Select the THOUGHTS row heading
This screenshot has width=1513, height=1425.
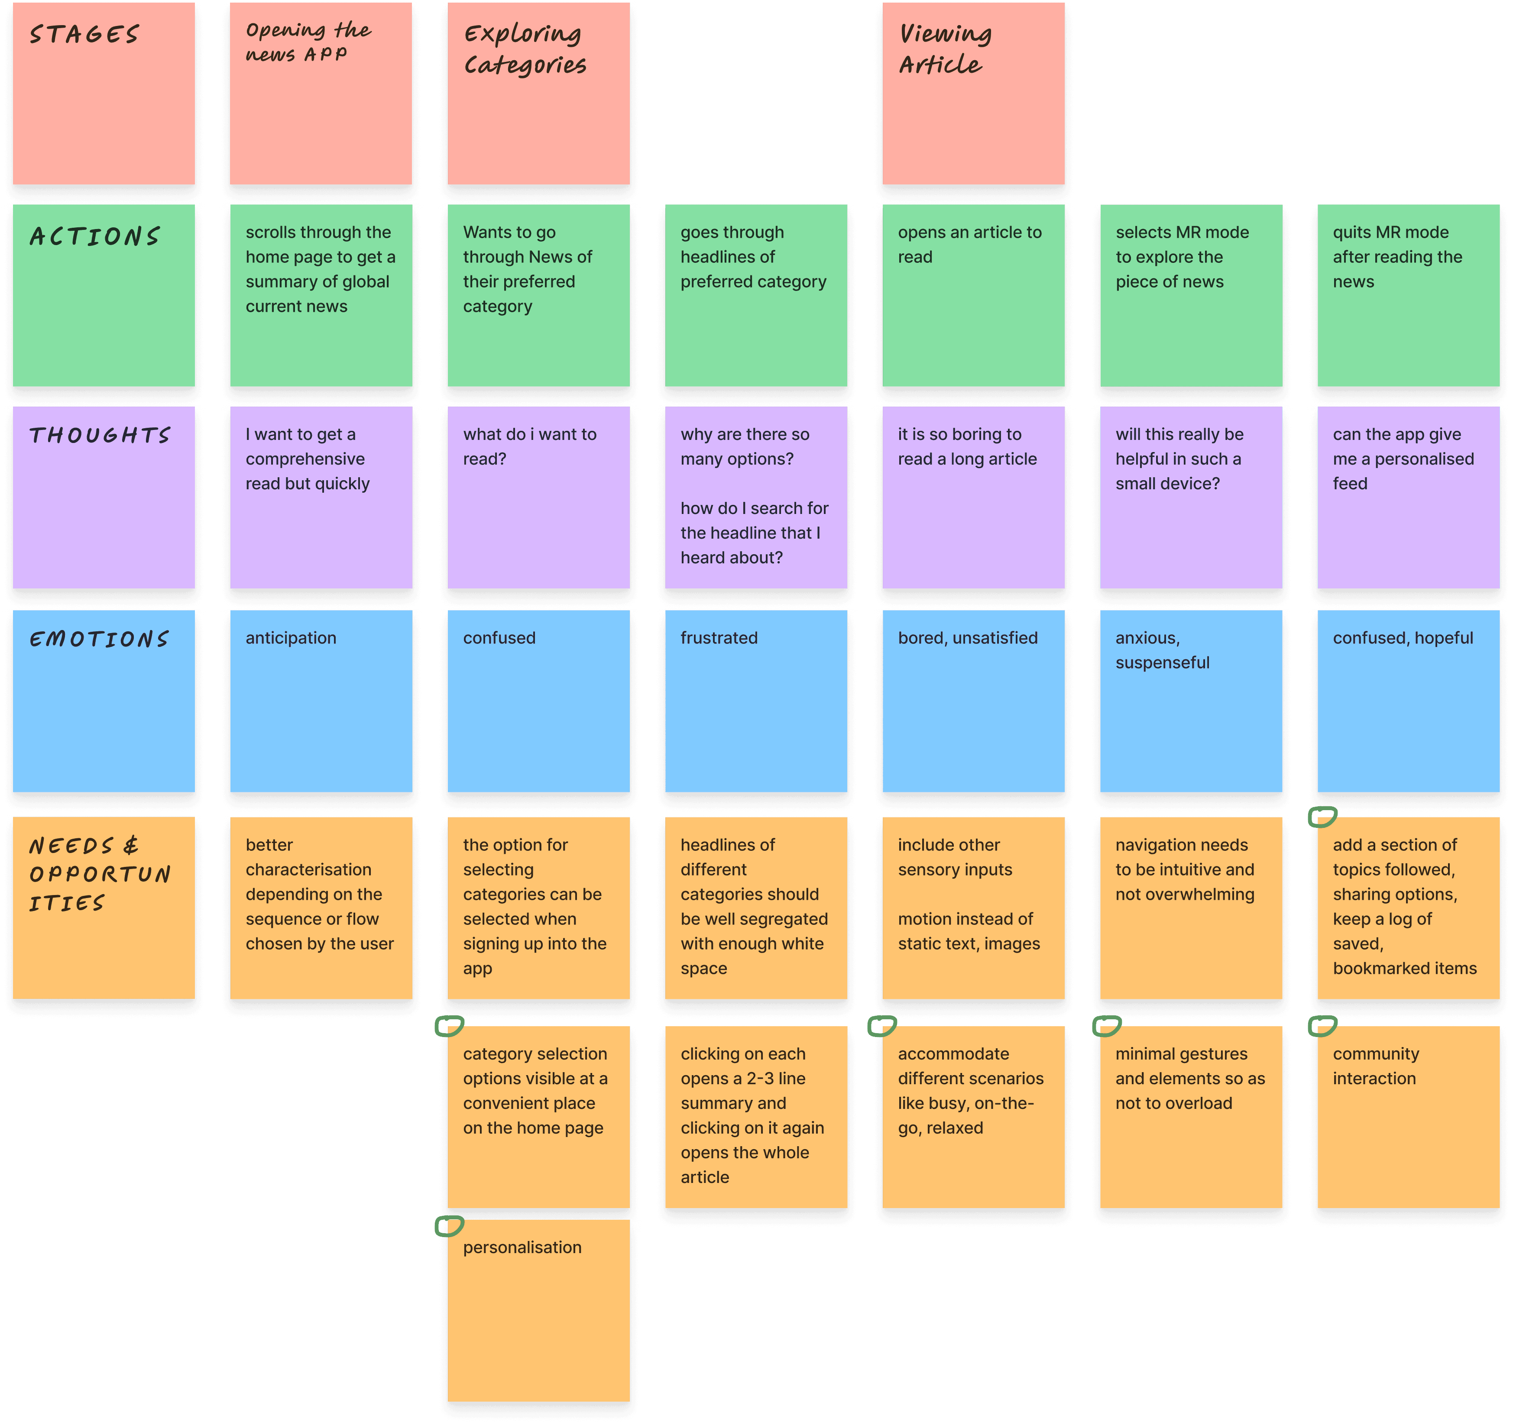click(100, 435)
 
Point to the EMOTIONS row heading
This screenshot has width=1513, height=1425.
click(99, 639)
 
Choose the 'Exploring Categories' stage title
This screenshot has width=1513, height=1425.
click(525, 48)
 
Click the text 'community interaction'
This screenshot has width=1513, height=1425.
click(1375, 1066)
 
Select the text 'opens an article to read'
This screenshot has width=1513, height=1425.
click(969, 244)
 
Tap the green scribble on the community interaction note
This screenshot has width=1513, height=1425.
click(1322, 1026)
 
